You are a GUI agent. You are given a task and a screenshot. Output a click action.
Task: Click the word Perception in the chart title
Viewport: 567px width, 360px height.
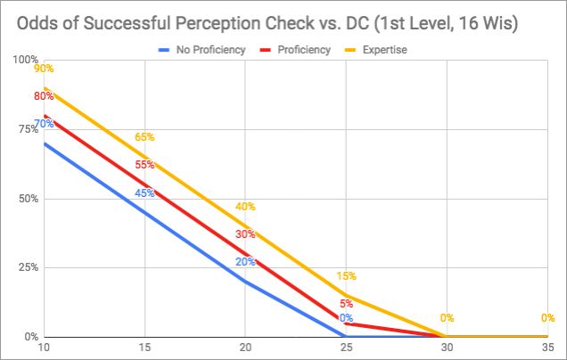pos(234,20)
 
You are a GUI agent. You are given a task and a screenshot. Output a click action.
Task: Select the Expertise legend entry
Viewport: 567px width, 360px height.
pos(384,50)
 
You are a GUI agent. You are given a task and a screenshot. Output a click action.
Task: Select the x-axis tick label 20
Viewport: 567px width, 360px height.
pos(245,348)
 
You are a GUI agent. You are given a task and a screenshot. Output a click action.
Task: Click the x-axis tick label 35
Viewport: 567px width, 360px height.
pos(548,348)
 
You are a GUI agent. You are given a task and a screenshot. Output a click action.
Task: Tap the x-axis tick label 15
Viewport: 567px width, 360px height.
pos(144,348)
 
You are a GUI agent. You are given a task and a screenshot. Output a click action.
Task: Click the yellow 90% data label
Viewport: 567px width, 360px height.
pos(44,69)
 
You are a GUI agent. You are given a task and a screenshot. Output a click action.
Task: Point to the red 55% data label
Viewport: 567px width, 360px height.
pos(144,165)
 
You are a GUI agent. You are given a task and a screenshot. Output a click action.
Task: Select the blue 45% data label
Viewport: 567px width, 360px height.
pos(144,192)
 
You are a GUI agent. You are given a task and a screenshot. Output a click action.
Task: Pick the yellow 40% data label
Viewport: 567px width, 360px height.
pos(245,207)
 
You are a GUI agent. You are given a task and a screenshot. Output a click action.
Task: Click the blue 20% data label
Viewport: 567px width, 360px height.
pos(245,262)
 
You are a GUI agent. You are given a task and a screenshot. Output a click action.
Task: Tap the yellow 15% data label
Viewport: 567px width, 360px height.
pos(346,276)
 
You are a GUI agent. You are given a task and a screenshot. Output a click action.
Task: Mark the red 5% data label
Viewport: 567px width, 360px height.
pos(346,304)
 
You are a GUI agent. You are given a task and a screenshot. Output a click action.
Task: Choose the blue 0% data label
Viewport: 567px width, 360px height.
pos(346,318)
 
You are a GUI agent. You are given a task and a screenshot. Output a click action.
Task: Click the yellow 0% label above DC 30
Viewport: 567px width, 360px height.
pos(447,318)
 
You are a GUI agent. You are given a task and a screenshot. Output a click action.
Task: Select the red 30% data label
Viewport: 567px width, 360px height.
pos(245,234)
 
